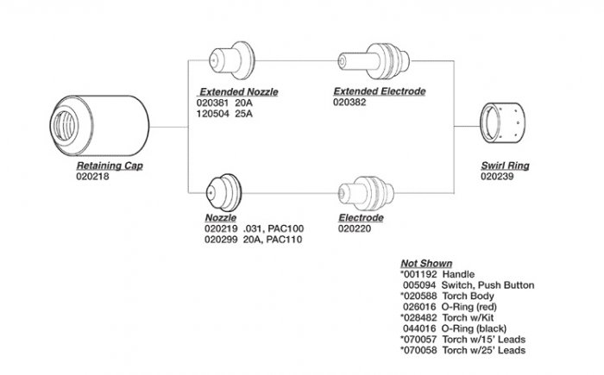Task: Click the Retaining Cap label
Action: coord(109,164)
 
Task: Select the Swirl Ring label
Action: coord(505,164)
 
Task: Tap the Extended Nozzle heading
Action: coord(239,91)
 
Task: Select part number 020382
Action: coord(350,101)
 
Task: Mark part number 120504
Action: coord(213,112)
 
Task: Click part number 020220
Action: coord(355,229)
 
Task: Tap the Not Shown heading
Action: coord(426,263)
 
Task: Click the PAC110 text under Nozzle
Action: coord(284,240)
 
